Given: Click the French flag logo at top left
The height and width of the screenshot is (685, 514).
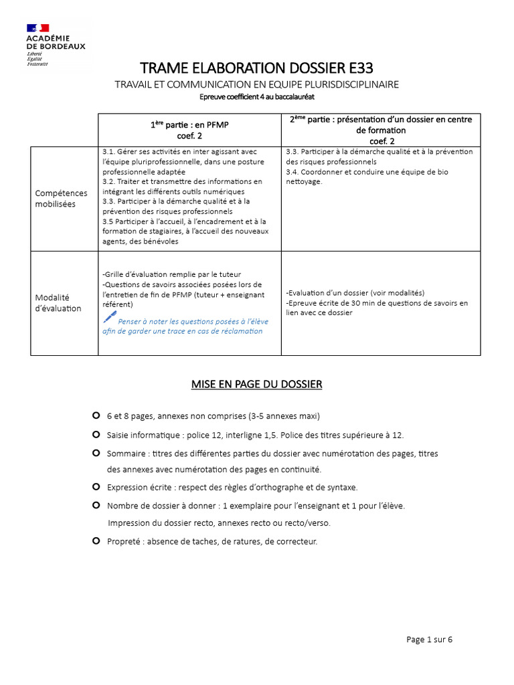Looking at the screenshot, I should click(38, 28).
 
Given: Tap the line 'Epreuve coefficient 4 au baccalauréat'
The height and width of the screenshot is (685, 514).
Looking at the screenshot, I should click(257, 98).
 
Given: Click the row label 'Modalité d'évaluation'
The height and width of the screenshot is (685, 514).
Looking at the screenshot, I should click(58, 302).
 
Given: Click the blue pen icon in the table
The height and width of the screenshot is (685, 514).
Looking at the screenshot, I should click(110, 316).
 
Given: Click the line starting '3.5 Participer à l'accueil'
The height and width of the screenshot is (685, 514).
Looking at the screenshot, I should click(184, 221).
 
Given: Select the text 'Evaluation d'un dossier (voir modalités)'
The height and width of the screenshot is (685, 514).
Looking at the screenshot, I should click(355, 293).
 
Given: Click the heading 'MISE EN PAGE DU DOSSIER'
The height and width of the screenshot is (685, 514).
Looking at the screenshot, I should click(257, 384).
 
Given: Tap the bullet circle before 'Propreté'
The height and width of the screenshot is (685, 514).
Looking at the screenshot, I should click(96, 541).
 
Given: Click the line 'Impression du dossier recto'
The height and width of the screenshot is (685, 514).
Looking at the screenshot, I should click(219, 522).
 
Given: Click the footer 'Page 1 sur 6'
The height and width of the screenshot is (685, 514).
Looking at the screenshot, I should click(429, 640).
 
